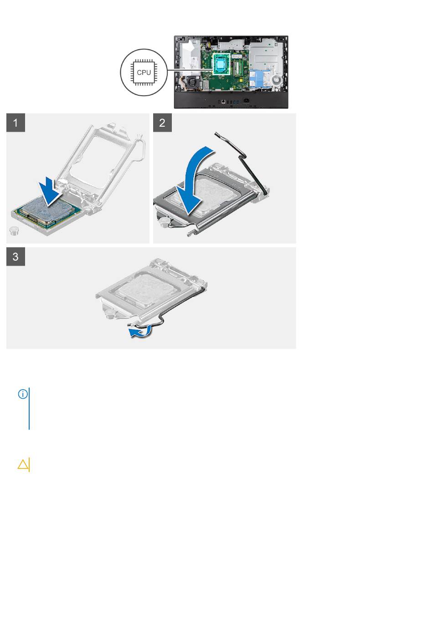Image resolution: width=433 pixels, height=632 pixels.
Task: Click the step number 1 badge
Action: [15, 123]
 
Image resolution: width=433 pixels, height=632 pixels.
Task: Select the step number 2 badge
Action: [162, 123]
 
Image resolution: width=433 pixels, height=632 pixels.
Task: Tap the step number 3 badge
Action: [15, 257]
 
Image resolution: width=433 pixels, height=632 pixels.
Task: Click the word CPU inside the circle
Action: [144, 72]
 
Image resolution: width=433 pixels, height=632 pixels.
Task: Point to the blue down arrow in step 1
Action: [50, 192]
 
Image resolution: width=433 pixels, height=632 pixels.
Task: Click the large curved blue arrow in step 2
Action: [195, 180]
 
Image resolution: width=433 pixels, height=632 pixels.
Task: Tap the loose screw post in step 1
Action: [13, 231]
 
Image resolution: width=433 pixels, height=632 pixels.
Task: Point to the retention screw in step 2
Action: [163, 221]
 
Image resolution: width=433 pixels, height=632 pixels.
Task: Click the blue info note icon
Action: [23, 394]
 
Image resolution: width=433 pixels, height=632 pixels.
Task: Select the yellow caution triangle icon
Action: [23, 464]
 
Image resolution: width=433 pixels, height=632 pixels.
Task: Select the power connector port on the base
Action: [247, 100]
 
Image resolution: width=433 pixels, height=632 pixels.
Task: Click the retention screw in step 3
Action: [111, 312]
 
